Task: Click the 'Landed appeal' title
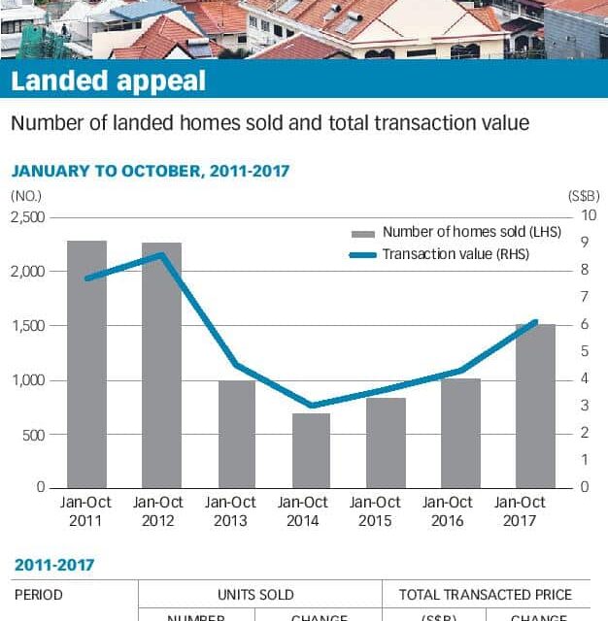[108, 82]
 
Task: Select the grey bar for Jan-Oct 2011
[86, 364]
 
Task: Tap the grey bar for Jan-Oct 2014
[312, 450]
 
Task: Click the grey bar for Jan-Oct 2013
[236, 434]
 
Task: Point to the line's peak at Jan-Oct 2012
[161, 255]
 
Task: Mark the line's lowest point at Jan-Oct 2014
[312, 406]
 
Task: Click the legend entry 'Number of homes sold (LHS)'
[456, 233]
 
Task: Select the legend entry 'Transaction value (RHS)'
[456, 254]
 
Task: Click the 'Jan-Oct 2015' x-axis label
[374, 510]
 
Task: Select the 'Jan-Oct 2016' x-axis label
[449, 510]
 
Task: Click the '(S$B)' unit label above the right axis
[583, 196]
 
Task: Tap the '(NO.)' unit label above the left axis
[25, 196]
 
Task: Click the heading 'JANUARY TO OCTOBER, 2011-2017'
[151, 172]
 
